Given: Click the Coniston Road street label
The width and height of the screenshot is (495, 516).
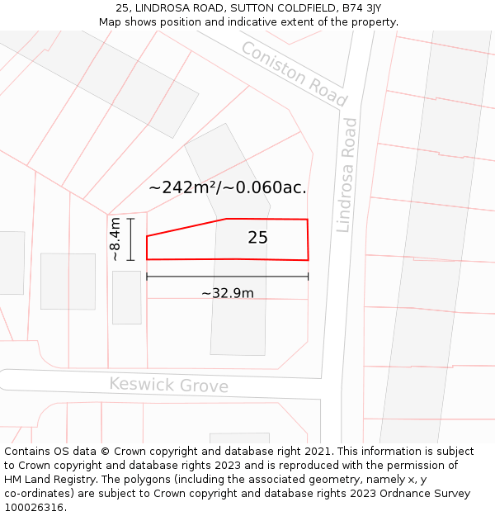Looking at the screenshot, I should (294, 73).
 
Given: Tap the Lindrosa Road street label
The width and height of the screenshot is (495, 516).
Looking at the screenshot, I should (347, 174).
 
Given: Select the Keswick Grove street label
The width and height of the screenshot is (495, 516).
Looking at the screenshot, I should (168, 385).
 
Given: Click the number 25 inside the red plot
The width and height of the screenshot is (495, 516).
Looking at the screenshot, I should (257, 238).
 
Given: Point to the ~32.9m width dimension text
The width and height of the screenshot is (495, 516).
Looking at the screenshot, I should (227, 293).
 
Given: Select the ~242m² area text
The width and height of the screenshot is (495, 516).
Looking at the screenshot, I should (181, 187).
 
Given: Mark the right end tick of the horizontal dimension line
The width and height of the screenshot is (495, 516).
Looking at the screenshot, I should (309, 277).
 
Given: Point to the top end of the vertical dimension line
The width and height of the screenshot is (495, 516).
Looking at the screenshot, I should (130, 218).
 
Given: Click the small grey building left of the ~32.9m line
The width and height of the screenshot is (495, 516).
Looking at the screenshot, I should (126, 297).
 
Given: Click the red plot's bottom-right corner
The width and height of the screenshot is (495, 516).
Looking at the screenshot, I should (308, 260).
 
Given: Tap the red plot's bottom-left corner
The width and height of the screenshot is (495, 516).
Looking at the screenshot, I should (147, 259).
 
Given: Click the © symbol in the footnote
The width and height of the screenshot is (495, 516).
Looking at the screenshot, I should (105, 452).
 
